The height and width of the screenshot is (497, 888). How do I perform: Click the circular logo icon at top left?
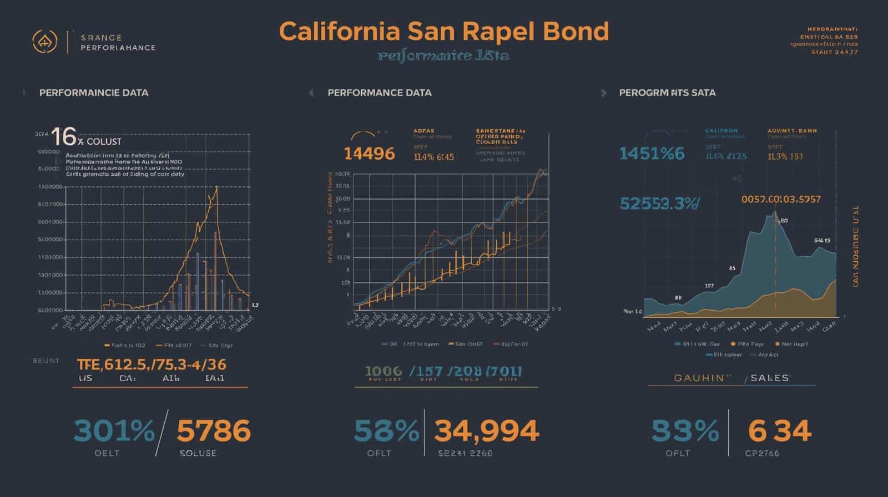(45, 42)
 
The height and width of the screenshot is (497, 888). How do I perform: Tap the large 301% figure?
(114, 431)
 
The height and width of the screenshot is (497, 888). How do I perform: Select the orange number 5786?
(214, 431)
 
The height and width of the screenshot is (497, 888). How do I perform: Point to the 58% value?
(386, 431)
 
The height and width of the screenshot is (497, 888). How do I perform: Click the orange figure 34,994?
(486, 431)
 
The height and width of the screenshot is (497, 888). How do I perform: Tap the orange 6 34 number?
(779, 431)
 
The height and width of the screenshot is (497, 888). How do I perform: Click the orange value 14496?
(369, 154)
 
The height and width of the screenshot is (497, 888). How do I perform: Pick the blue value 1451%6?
(652, 154)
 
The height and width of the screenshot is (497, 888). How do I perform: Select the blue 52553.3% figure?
(659, 204)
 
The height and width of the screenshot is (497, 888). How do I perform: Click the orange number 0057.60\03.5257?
(781, 199)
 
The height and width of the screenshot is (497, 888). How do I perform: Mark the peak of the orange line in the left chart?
(216, 187)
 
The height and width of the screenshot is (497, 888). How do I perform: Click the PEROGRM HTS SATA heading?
(667, 93)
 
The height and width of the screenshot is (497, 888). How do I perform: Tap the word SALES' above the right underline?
(770, 378)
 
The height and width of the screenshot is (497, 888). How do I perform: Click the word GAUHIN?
(699, 378)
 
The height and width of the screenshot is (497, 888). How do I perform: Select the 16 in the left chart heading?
(63, 136)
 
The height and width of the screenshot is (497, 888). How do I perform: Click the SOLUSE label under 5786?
(198, 453)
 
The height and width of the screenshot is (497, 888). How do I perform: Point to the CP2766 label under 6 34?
(762, 453)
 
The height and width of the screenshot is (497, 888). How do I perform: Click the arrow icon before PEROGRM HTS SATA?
(604, 93)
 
